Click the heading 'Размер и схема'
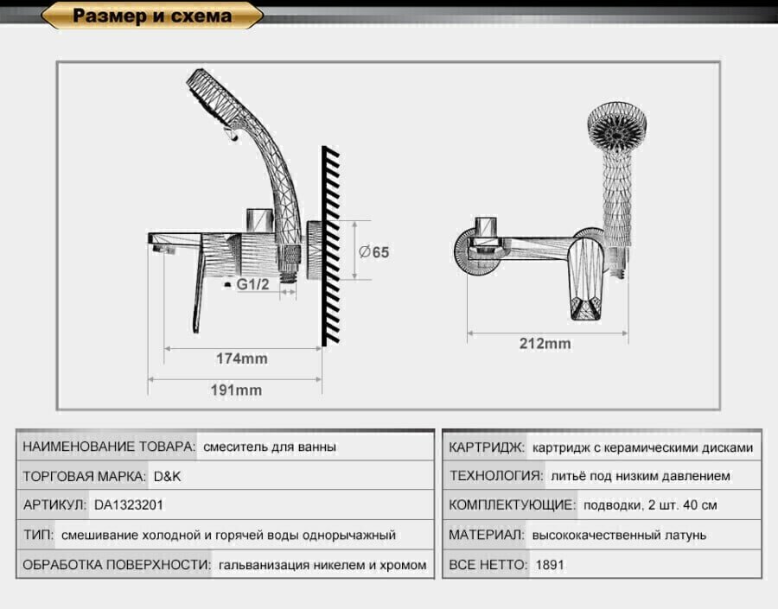(152, 16)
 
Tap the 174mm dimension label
(241, 358)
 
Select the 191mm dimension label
(236, 390)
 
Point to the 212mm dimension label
(545, 343)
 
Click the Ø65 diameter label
(373, 252)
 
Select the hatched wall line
(330, 246)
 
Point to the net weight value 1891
(551, 565)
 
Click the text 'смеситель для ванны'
(270, 447)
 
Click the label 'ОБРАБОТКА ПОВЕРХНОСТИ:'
(116, 565)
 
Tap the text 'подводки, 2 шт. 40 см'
(649, 505)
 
